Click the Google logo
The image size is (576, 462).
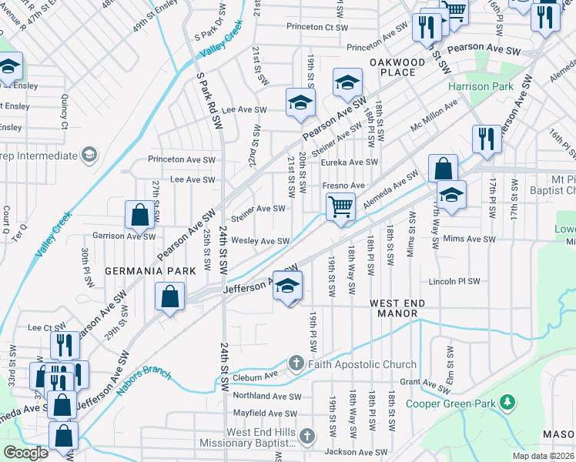tap(25, 454)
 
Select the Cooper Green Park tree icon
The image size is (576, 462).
tap(507, 401)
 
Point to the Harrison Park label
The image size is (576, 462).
tap(481, 86)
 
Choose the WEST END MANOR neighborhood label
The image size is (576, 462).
tap(397, 309)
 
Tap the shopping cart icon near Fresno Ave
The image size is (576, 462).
tap(340, 206)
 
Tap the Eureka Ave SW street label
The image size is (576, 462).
tap(350, 162)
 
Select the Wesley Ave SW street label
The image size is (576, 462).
tap(260, 241)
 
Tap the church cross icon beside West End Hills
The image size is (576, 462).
tap(306, 437)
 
